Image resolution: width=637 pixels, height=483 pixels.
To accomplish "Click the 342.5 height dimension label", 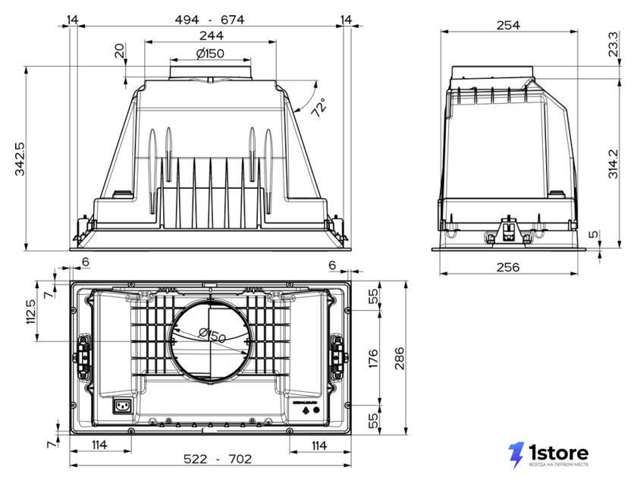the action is tap(20, 158).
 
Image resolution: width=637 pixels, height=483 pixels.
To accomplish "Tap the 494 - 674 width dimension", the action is tap(209, 20).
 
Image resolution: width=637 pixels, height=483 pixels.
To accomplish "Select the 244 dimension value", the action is tap(212, 36).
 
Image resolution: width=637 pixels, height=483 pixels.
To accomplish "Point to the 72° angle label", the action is tap(319, 108).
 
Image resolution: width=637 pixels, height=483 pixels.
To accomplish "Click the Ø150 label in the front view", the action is tap(210, 53).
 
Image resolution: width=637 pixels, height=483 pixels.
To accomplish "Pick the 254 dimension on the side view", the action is tap(508, 25).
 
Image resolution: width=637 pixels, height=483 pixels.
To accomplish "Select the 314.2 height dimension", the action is tap(613, 164).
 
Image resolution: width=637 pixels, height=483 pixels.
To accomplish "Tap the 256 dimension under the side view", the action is tap(508, 267).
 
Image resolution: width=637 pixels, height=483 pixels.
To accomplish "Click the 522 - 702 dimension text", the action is tap(218, 459).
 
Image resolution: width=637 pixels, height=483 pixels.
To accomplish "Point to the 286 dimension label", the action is tap(400, 358).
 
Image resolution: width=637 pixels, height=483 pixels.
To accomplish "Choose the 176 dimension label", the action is tap(373, 358).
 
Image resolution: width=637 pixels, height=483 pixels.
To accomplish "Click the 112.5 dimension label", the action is tap(31, 312).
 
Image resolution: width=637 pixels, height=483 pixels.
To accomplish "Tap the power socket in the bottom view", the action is tap(122, 406).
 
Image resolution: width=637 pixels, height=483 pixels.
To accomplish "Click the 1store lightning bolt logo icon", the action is tap(516, 455).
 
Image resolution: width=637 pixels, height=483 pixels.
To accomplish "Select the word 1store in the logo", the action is tap(559, 452).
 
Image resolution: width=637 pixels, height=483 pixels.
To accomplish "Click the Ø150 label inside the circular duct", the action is tap(212, 335).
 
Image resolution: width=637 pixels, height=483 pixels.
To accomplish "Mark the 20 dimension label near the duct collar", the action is tap(120, 51).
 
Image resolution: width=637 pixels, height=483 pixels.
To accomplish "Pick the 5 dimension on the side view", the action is tap(594, 234).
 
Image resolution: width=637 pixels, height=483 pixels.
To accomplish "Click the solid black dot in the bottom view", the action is tap(316, 410).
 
